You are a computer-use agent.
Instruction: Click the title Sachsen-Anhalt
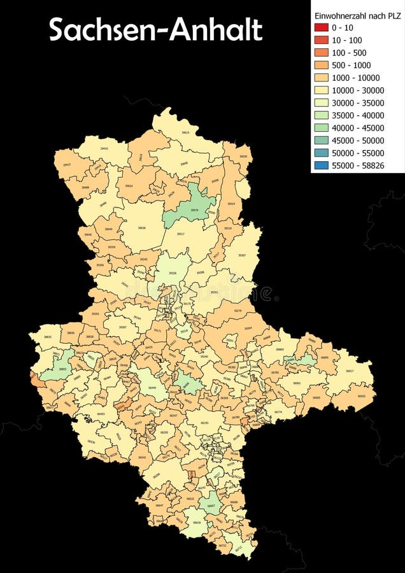155,30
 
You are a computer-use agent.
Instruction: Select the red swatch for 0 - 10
320,27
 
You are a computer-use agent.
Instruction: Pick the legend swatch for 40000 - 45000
320,128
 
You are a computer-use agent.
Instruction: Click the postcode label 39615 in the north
185,132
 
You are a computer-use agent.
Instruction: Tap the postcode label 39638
141,227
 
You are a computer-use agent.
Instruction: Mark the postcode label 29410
104,148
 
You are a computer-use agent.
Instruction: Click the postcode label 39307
242,255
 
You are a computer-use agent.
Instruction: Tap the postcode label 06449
152,387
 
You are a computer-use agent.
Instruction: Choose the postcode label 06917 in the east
350,371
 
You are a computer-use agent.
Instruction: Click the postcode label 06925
362,396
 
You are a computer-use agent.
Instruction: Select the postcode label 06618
197,522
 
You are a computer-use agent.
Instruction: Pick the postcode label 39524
231,204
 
